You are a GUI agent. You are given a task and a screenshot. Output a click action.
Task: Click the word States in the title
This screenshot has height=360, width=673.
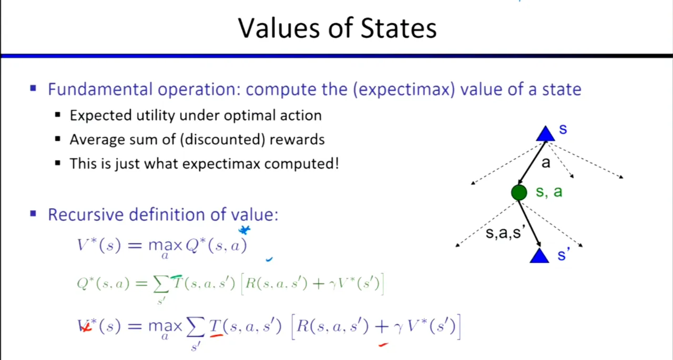coord(399,28)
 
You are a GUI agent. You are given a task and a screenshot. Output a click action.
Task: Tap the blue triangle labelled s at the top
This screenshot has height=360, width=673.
coord(546,134)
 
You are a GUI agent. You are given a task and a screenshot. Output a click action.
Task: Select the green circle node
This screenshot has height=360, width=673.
coord(519,192)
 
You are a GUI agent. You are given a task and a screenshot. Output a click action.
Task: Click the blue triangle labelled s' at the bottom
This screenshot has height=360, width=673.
coord(539,255)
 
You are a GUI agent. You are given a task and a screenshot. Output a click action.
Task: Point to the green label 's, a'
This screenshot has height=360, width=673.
coord(549,191)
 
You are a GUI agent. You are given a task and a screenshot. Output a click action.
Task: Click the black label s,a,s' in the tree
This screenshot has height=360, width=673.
coord(505,232)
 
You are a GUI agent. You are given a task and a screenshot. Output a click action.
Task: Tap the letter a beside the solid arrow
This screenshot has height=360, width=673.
coord(546,163)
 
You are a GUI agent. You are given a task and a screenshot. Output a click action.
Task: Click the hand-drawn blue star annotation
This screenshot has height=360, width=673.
coord(244,230)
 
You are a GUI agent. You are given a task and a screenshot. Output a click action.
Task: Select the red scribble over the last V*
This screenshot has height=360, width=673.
coord(85,327)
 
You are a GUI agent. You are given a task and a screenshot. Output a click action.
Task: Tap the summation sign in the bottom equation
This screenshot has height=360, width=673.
coord(196,327)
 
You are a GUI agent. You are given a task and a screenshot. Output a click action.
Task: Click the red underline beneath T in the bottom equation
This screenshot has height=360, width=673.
coord(217,336)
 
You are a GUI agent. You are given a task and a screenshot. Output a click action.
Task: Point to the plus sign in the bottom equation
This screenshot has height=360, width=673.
coord(382,326)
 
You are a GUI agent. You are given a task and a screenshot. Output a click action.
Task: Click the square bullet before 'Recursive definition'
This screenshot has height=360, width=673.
coord(33,214)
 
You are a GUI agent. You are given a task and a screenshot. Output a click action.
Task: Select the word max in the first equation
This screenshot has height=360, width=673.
coord(165,246)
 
